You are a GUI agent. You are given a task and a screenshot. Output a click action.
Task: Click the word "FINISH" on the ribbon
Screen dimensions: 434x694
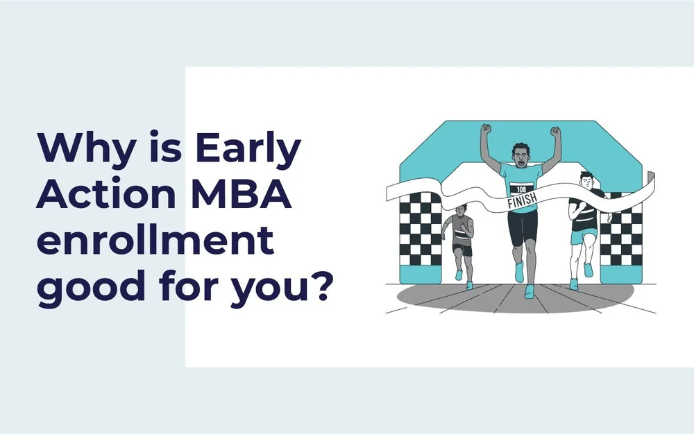point(522,202)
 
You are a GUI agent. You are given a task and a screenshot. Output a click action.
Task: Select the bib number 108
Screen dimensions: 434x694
point(521,189)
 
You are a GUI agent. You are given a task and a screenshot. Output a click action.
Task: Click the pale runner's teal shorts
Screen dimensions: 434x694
point(583,236)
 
